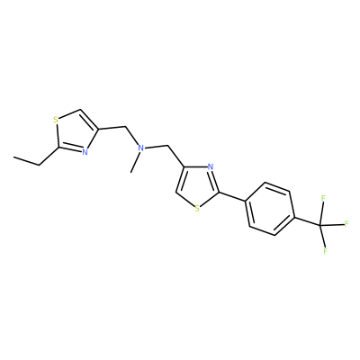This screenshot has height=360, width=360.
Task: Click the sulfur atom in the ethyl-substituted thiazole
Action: (56, 121)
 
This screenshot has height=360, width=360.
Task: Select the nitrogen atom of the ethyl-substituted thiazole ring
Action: (85, 152)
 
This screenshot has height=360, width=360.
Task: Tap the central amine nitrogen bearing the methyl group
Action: (140, 148)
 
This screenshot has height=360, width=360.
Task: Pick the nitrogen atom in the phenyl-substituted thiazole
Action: (211, 167)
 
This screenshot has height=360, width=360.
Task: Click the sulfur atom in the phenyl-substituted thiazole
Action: (197, 208)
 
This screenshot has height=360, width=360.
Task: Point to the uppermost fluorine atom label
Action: (323, 198)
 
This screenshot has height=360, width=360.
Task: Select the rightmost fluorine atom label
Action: (346, 224)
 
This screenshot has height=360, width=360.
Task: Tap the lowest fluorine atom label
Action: (325, 251)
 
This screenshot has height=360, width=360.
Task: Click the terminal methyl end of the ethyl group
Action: (13, 157)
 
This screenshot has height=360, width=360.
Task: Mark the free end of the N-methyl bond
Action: (131, 173)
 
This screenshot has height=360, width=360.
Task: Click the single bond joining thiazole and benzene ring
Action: (233, 196)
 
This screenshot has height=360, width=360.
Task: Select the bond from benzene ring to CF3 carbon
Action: (307, 220)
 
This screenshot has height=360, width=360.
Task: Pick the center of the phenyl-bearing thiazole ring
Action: (198, 185)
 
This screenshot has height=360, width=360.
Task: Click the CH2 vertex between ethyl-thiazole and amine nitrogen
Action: (126, 127)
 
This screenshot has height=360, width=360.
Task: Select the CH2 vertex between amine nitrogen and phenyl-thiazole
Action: (167, 146)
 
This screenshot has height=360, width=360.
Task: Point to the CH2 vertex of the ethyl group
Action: (40, 165)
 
